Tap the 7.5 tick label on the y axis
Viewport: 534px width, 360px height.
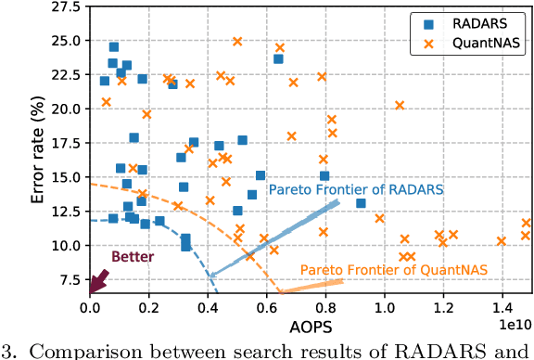pos(68,279)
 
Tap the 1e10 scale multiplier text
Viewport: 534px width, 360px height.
pos(512,324)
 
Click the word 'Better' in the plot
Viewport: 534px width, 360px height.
pos(133,256)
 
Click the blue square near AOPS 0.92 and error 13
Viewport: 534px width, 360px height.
pos(361,203)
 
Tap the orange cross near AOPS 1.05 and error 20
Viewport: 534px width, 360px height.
pos(400,106)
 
